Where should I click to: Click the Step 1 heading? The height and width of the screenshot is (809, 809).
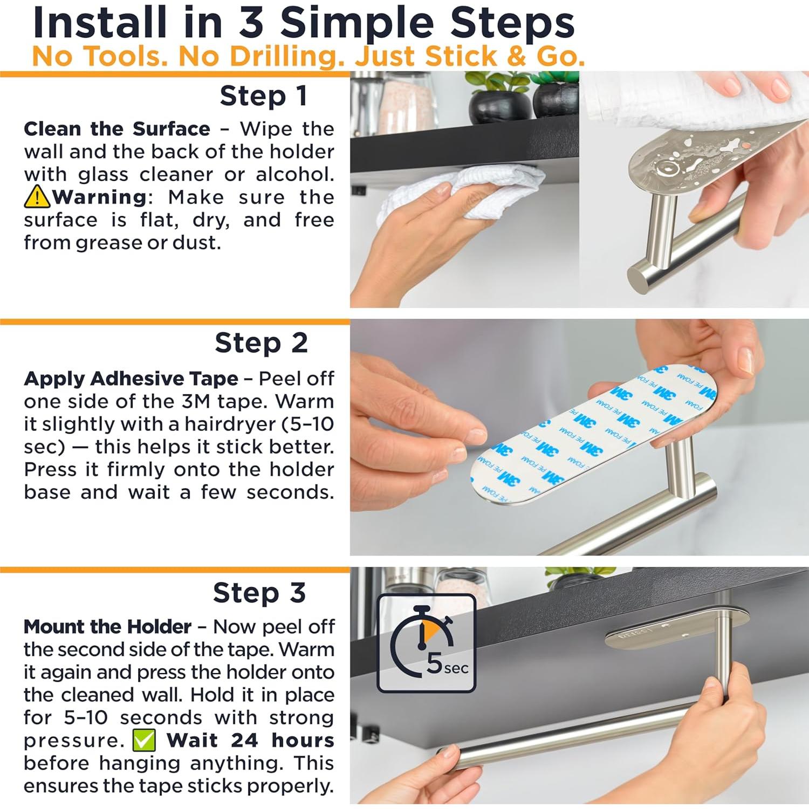point(264,96)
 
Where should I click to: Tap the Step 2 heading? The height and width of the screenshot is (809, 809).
point(261,343)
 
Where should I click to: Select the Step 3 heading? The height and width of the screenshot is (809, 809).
point(259,593)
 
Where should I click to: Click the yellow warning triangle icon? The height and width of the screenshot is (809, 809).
point(37,197)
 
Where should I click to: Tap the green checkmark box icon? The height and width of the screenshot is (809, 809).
point(144,741)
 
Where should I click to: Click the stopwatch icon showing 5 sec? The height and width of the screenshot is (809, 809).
point(426,643)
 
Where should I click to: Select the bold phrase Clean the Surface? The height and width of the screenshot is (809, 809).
point(117,129)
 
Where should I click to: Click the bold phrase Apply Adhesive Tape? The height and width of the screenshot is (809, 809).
point(131,379)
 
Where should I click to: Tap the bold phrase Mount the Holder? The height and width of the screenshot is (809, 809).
point(107,627)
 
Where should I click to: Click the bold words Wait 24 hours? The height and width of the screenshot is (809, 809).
point(250,741)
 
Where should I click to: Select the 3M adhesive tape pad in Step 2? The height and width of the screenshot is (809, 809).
point(593,431)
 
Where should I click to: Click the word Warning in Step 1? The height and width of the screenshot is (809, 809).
point(99,197)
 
